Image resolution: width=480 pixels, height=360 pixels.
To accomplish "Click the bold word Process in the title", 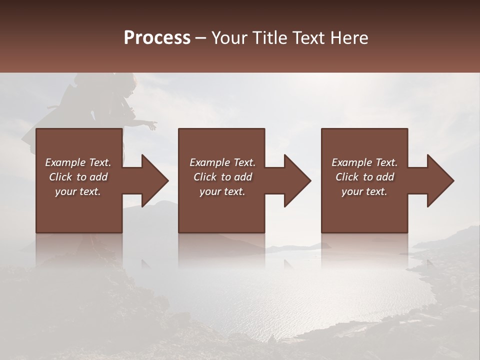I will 157,38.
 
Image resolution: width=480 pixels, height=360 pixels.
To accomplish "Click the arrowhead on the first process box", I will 152,180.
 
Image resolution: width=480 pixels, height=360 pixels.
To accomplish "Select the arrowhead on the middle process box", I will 295,180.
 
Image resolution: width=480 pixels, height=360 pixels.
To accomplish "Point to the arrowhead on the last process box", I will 438,180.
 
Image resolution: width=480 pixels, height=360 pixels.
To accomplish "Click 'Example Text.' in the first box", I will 78,162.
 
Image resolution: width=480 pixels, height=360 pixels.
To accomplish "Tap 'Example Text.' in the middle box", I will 222,162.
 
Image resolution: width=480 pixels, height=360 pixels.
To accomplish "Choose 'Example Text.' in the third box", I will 364,162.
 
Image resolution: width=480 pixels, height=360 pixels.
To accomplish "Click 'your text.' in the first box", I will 78,191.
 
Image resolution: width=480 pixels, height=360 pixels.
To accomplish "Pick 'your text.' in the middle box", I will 222,191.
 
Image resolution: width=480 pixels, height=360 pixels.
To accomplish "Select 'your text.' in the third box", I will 364,191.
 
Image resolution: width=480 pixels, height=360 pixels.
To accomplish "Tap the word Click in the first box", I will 60,177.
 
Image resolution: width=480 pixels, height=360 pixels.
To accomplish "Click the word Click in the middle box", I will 204,177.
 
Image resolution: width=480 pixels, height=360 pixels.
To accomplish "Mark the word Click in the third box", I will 347,177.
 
